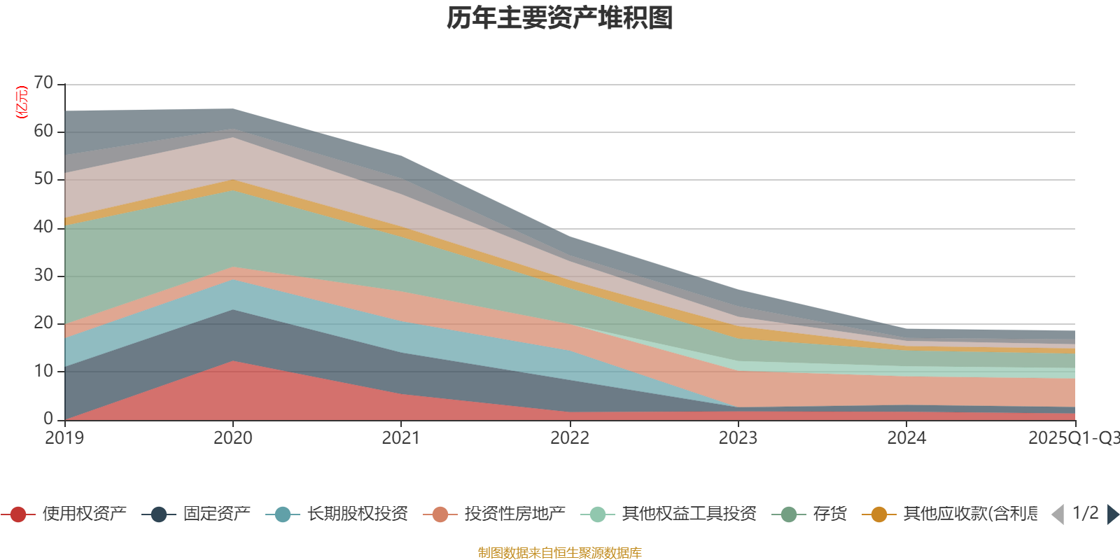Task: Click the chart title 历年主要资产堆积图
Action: (560, 18)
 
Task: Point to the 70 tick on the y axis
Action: (43, 83)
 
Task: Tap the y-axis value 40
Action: (43, 227)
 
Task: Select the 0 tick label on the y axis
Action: (48, 419)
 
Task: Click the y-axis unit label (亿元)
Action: (22, 102)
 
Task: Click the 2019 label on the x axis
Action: (64, 438)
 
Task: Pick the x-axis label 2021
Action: (400, 438)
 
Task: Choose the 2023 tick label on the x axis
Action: (738, 438)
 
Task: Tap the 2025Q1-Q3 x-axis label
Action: (1072, 438)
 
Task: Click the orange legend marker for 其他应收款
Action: (879, 514)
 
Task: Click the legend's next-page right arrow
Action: (1112, 514)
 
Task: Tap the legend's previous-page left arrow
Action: (1058, 514)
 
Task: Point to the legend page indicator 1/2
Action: (1085, 513)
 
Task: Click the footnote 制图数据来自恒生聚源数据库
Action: (560, 553)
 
